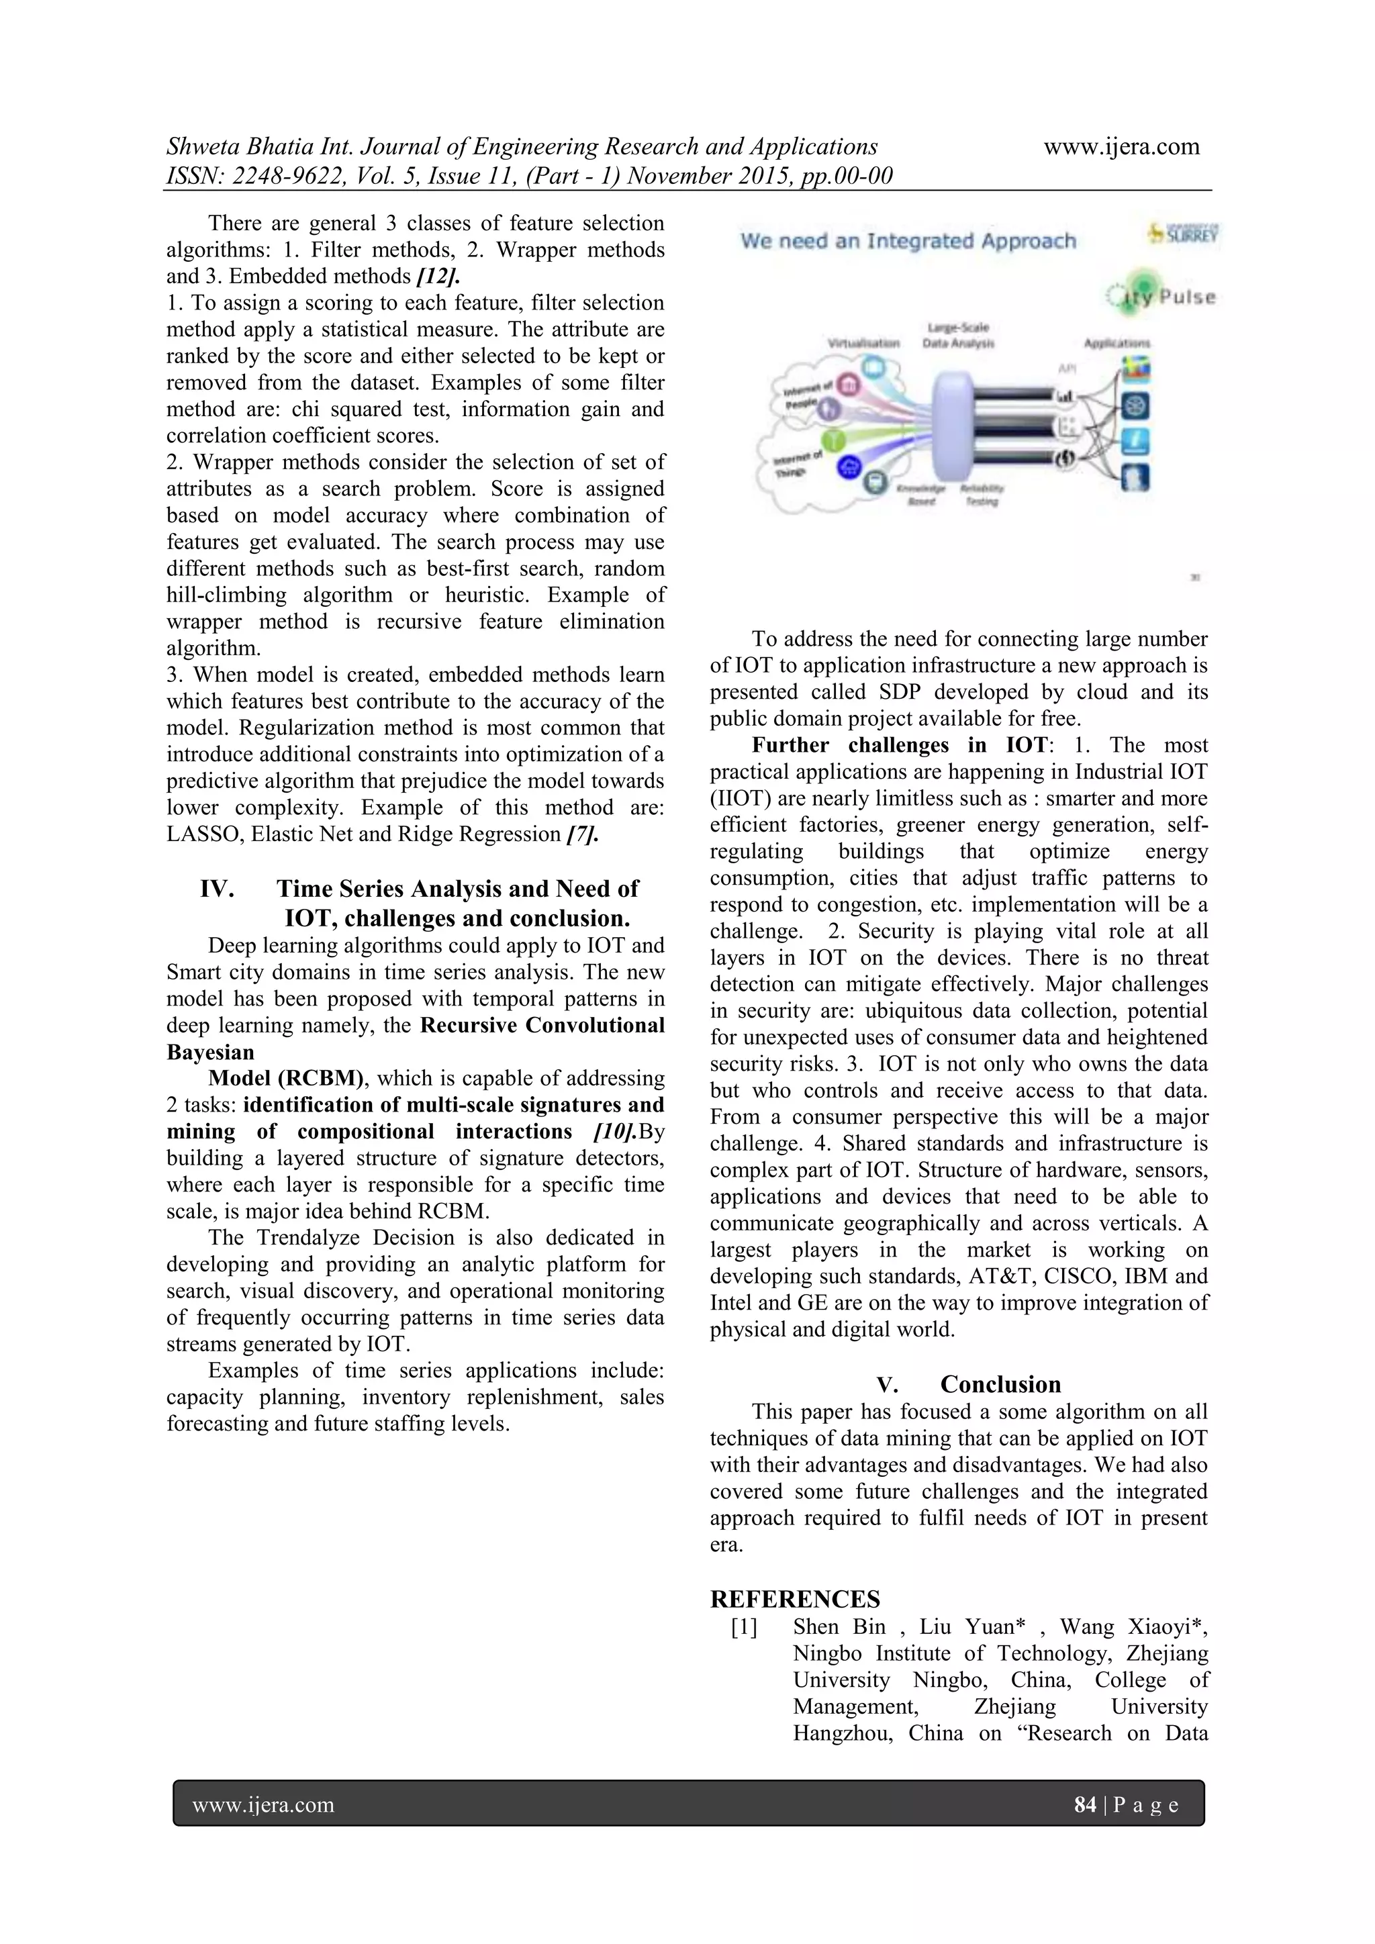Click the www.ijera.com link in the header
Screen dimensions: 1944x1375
pyautogui.click(x=1121, y=146)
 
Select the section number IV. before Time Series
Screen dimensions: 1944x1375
pyautogui.click(x=217, y=889)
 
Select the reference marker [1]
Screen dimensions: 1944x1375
pyautogui.click(x=744, y=1626)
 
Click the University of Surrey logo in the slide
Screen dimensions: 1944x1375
pyautogui.click(x=1184, y=233)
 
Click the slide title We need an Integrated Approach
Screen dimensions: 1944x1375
pyautogui.click(x=908, y=241)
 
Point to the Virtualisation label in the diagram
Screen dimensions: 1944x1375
pyautogui.click(x=863, y=344)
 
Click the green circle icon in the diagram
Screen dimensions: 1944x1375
pyautogui.click(x=834, y=438)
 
